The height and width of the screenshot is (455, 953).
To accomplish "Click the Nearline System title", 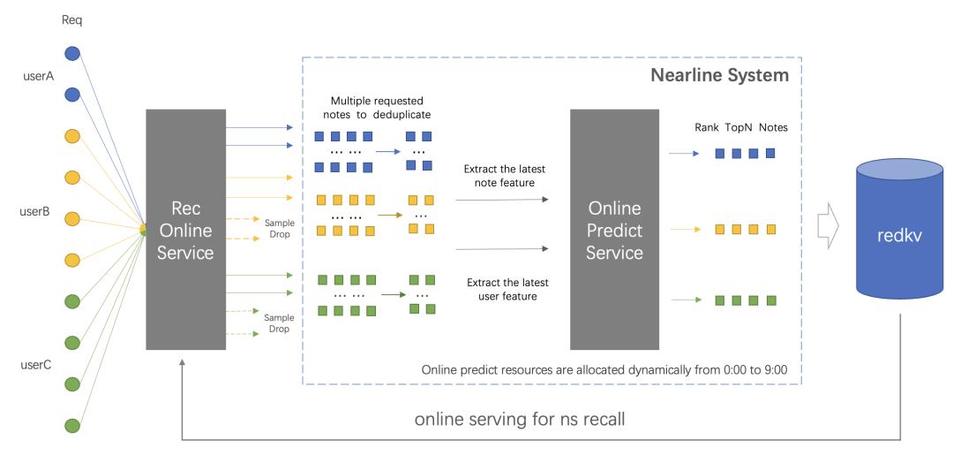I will point(719,75).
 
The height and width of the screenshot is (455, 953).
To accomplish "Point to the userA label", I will point(38,76).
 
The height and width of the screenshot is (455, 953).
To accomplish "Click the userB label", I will point(38,212).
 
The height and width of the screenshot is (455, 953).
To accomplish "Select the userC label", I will point(38,363).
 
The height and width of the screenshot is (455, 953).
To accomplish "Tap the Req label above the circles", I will point(72,19).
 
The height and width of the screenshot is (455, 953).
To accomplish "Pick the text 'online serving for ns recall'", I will point(520,418).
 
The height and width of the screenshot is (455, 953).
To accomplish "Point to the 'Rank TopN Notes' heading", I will point(740,127).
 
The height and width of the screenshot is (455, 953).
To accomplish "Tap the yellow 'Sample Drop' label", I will point(280,228).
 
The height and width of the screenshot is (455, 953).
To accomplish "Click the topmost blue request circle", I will point(72,54).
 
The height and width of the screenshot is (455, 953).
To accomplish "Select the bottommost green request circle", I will point(72,426).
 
